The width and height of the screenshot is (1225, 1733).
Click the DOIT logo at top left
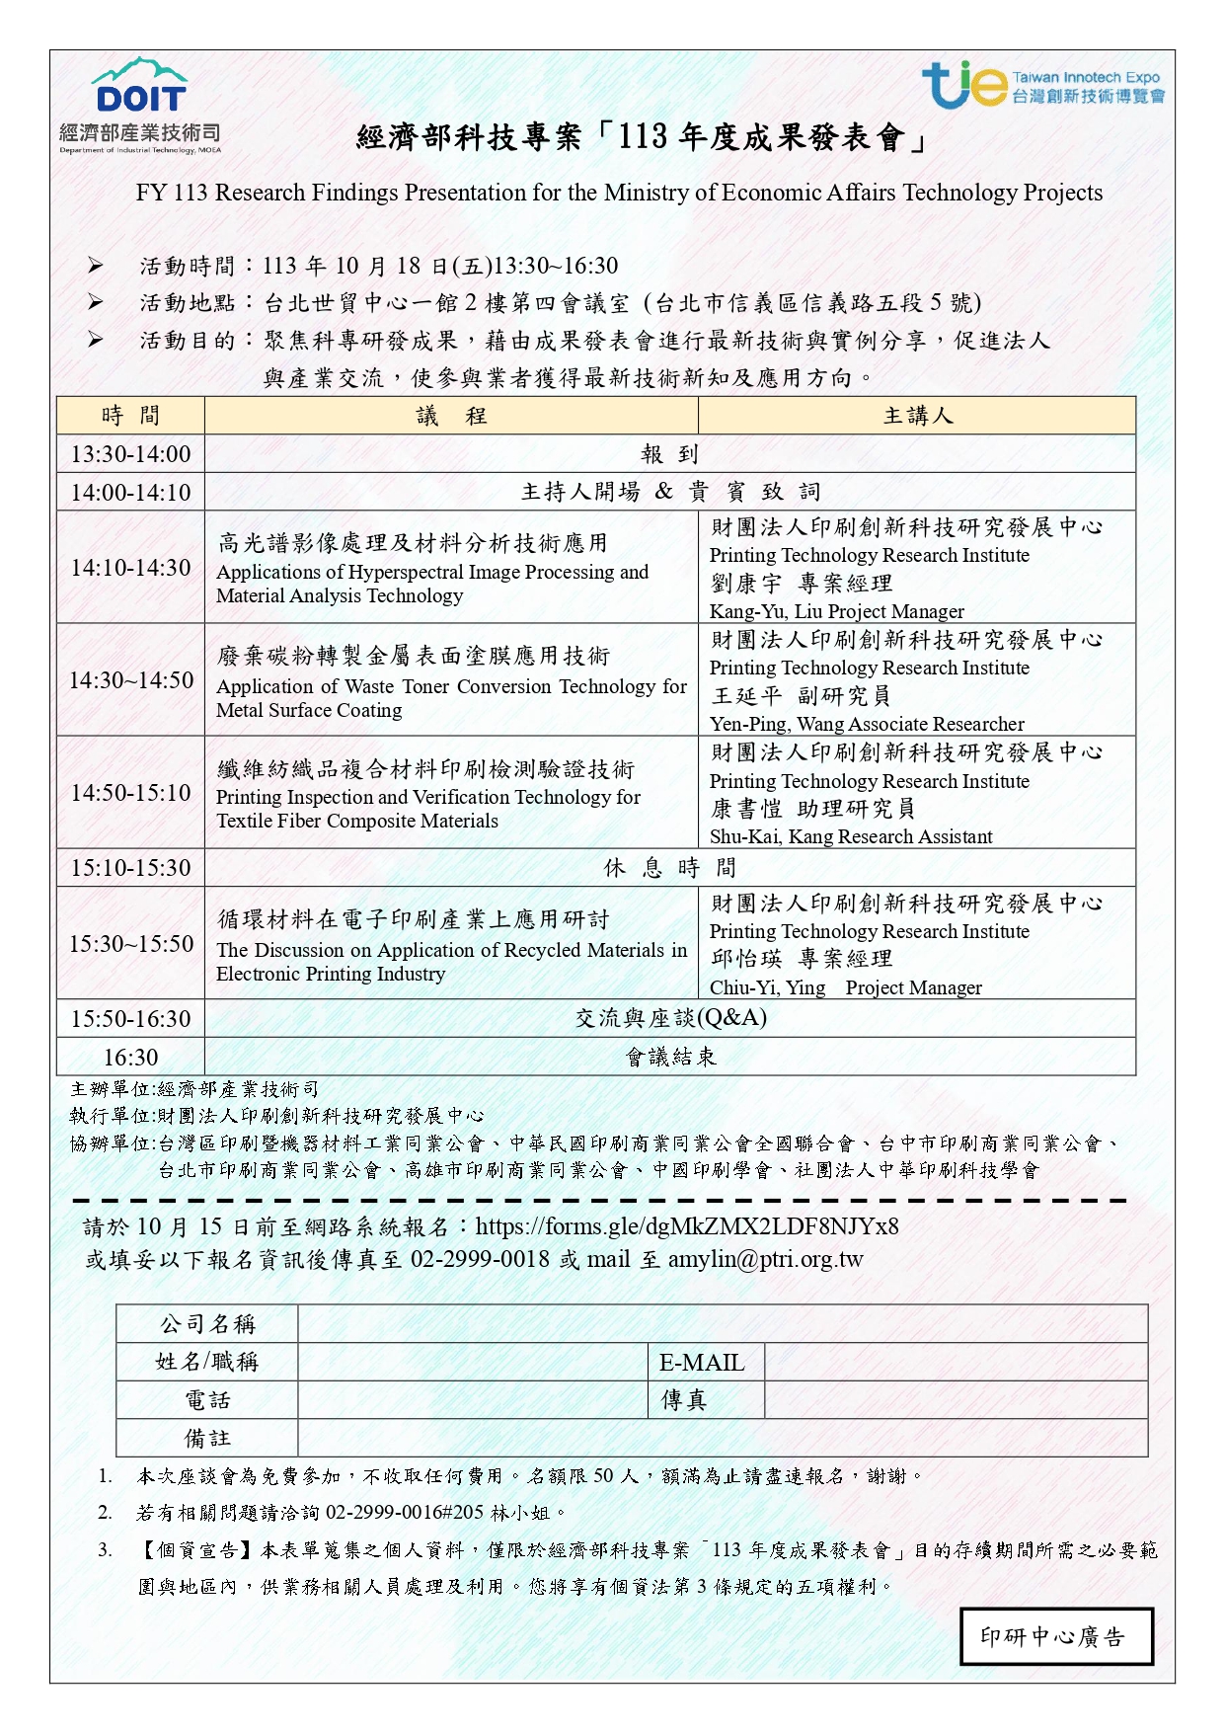[x=139, y=104]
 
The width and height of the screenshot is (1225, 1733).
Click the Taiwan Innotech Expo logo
[x=1042, y=85]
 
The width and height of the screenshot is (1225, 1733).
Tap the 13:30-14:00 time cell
[x=130, y=454]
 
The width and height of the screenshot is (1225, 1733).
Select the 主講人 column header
[x=917, y=416]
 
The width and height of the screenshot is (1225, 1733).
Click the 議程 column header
[x=451, y=416]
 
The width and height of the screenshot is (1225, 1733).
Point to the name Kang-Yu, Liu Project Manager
[x=836, y=611]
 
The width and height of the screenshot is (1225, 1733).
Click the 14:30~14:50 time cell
[x=130, y=679]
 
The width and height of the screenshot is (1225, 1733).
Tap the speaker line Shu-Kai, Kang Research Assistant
[x=851, y=836]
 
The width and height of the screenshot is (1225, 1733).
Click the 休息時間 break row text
[x=669, y=868]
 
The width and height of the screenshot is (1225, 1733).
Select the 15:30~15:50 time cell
[x=130, y=943]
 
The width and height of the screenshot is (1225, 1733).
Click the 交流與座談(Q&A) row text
[x=670, y=1018]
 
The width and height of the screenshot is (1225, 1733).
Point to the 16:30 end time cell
[x=130, y=1057]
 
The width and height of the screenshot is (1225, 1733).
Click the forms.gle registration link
[x=687, y=1226]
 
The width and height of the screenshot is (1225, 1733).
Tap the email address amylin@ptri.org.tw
[x=765, y=1259]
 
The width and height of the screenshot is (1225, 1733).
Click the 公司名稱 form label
[x=207, y=1323]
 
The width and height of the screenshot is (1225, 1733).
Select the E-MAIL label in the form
[x=702, y=1363]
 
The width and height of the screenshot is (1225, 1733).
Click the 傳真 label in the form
[x=683, y=1400]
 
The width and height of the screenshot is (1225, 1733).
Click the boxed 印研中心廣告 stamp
[x=1056, y=1636]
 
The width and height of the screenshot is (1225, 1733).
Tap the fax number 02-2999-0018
[x=480, y=1259]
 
